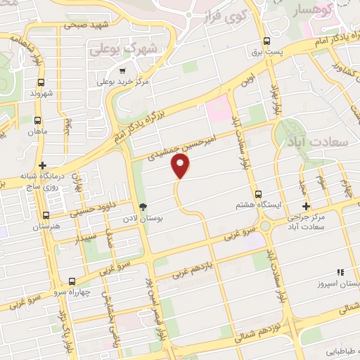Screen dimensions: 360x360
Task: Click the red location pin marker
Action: coord(181,166)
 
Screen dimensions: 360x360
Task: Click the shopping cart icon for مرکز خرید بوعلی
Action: coord(123,71)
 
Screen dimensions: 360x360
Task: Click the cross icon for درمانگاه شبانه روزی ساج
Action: coord(43,165)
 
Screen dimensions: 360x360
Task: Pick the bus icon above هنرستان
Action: coord(46,215)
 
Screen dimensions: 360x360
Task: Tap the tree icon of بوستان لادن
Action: coord(143,207)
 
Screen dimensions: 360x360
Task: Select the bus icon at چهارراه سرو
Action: coord(72,281)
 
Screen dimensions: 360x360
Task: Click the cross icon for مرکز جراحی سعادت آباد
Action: coord(306,206)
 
